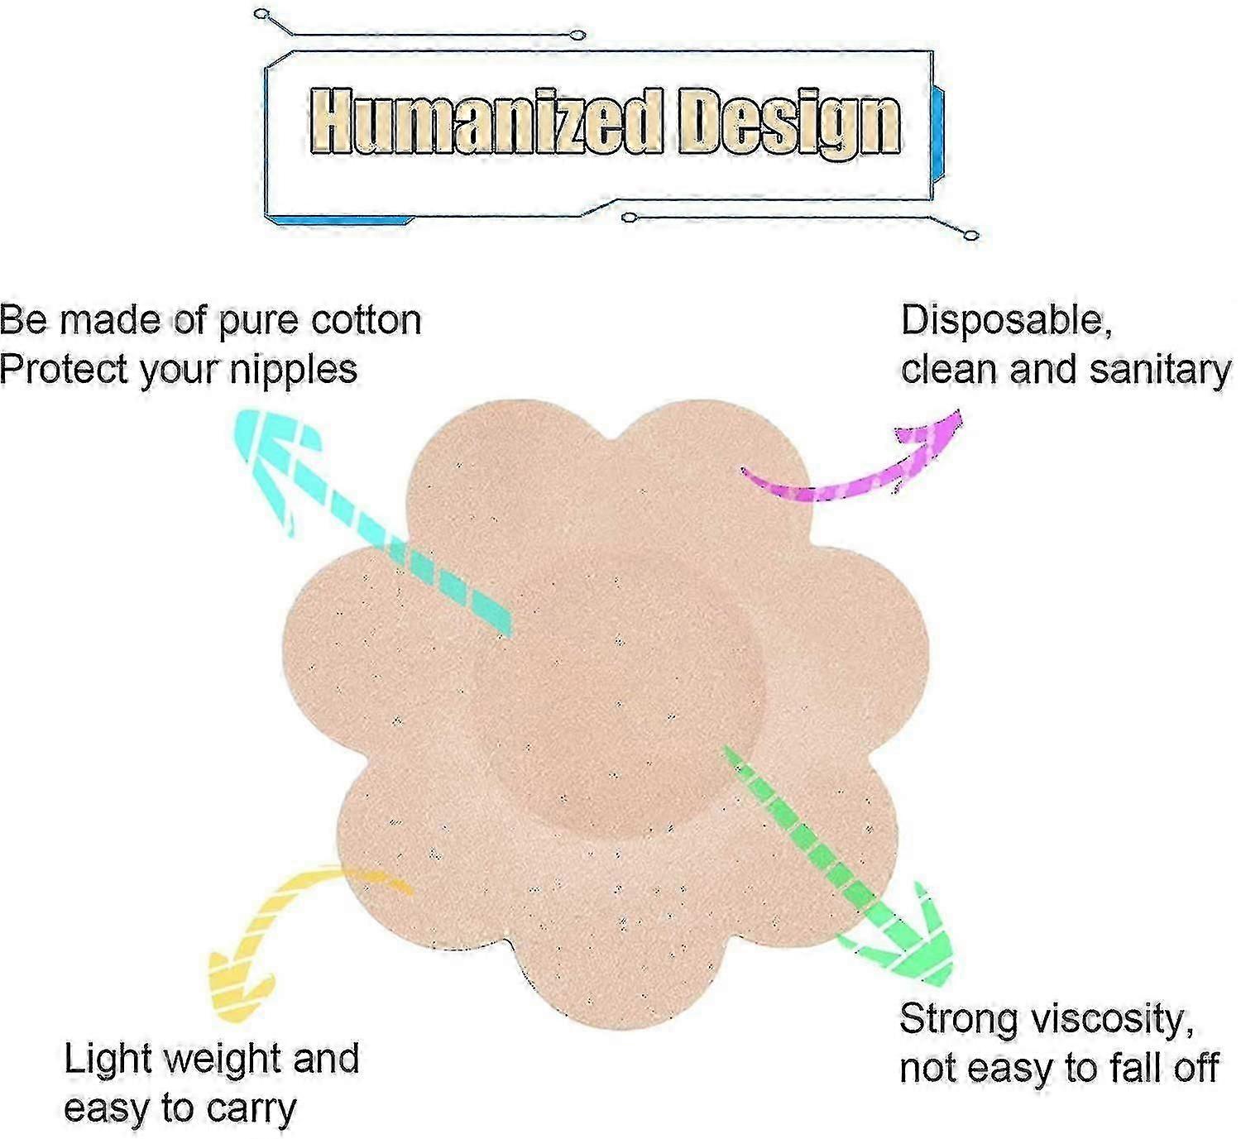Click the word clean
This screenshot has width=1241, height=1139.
(949, 370)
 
